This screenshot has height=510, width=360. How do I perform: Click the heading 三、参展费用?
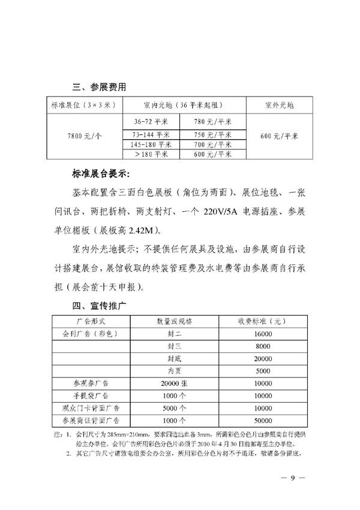[x=96, y=87]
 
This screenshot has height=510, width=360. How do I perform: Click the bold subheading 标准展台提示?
[x=100, y=175]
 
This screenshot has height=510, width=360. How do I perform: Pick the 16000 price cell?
[x=263, y=333]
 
